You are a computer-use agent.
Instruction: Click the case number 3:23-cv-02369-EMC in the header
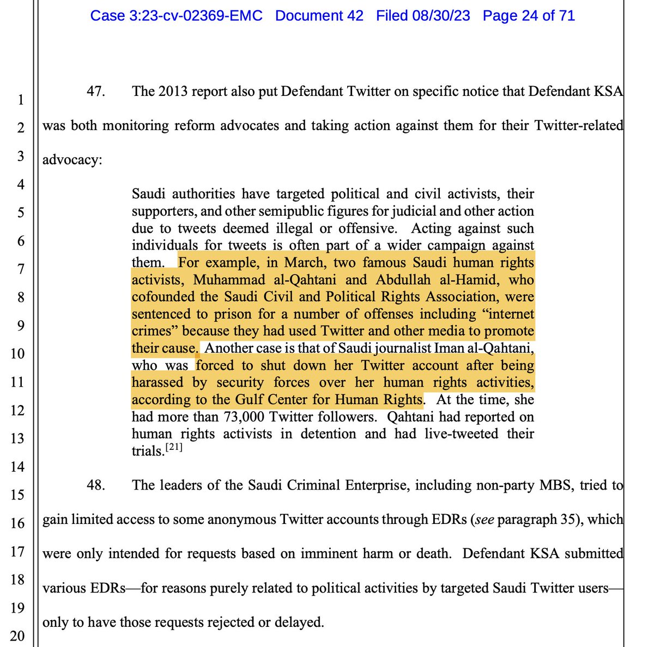click(x=176, y=16)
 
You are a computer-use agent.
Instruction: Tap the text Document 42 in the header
click(x=319, y=16)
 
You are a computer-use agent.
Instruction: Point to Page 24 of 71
click(x=529, y=16)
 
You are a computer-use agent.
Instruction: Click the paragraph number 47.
click(x=96, y=91)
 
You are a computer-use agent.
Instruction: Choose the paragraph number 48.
click(x=96, y=485)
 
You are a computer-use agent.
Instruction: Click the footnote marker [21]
click(x=174, y=448)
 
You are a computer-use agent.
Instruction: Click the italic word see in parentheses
click(x=485, y=518)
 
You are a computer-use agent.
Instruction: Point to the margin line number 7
click(x=21, y=268)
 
